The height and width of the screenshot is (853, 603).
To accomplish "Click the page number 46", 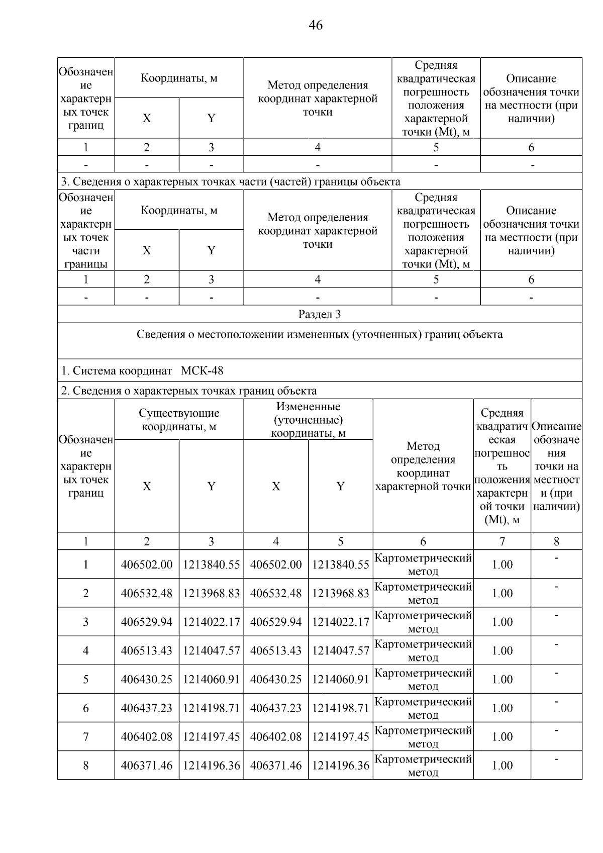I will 316,25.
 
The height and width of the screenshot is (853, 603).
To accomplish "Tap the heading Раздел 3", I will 320,314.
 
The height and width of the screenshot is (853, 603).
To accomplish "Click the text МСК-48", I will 202,371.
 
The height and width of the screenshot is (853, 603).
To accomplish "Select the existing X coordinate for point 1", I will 146,564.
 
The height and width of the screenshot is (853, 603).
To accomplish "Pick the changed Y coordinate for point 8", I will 340,766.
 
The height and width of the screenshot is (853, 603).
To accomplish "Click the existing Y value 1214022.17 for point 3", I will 211,622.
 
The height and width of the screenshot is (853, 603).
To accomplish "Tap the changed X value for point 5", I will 276,679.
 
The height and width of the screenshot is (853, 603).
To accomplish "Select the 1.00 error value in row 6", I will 501,708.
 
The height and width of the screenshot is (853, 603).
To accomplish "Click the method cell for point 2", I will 423,593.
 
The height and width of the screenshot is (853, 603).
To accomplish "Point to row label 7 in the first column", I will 86,737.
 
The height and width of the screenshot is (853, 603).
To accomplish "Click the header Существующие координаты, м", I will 179,420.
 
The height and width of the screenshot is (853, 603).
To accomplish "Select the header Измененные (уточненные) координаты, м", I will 308,420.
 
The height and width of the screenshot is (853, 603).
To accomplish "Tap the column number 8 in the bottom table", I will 556,541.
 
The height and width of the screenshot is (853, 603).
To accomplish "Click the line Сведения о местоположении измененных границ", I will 320,335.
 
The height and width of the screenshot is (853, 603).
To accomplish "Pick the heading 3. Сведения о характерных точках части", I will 231,181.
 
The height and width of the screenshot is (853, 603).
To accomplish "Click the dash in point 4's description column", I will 556,644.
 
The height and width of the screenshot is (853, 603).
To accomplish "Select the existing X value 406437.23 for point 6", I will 146,708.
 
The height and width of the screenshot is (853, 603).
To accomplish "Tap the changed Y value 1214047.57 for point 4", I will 340,650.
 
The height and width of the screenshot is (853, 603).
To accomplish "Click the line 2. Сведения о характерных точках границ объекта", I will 189,391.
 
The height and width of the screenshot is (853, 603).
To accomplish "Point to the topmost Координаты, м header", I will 179,78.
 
